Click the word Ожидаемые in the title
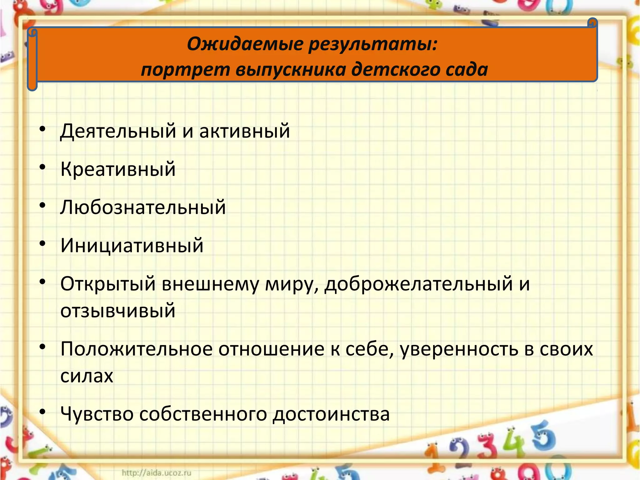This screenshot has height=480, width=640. (x=245, y=44)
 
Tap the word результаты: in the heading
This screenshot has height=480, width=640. (x=373, y=44)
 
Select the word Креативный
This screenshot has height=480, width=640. (x=118, y=169)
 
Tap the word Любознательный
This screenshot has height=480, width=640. (x=143, y=207)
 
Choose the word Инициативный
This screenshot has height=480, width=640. (x=132, y=245)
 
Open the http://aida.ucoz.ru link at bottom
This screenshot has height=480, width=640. (x=156, y=472)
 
